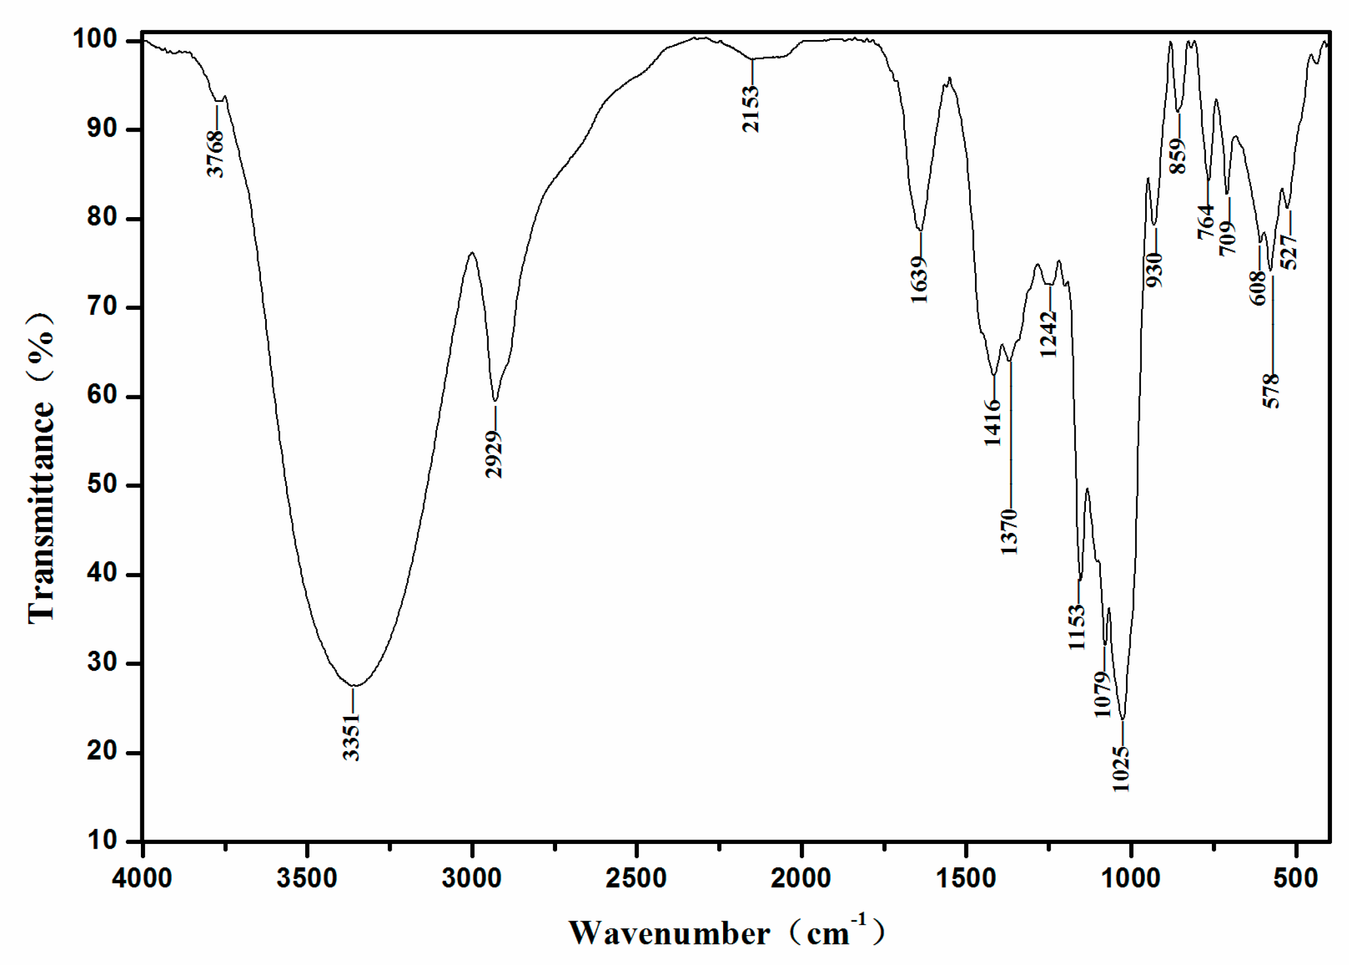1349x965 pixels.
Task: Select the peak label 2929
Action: [x=494, y=454]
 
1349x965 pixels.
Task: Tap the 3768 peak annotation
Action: [x=216, y=153]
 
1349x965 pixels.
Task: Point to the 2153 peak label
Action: [x=751, y=108]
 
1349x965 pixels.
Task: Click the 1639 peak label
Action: [x=919, y=280]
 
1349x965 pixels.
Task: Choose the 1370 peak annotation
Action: [x=1009, y=531]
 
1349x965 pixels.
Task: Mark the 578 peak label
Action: [x=1271, y=390]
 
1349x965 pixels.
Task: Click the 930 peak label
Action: [x=1155, y=269]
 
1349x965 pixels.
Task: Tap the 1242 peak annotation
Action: [x=1049, y=334]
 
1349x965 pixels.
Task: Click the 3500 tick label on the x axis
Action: [x=307, y=878]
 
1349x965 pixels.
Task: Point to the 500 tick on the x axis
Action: [x=1296, y=878]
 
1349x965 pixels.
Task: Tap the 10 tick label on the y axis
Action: [x=102, y=840]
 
